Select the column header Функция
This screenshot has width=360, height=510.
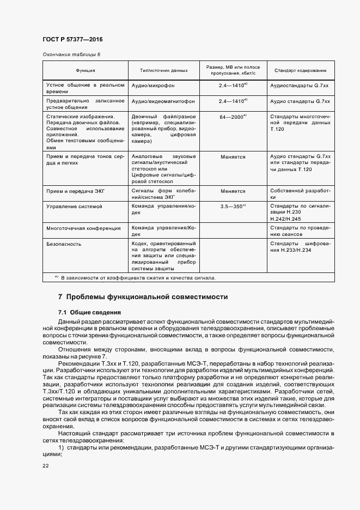86,70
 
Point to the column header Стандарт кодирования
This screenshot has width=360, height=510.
300,70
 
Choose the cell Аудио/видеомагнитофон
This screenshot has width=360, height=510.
163,101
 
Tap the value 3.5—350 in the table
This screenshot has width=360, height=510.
231,207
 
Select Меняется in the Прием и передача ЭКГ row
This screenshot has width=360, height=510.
233,191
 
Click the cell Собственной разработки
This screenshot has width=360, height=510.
300,195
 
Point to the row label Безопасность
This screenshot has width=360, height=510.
64,244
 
